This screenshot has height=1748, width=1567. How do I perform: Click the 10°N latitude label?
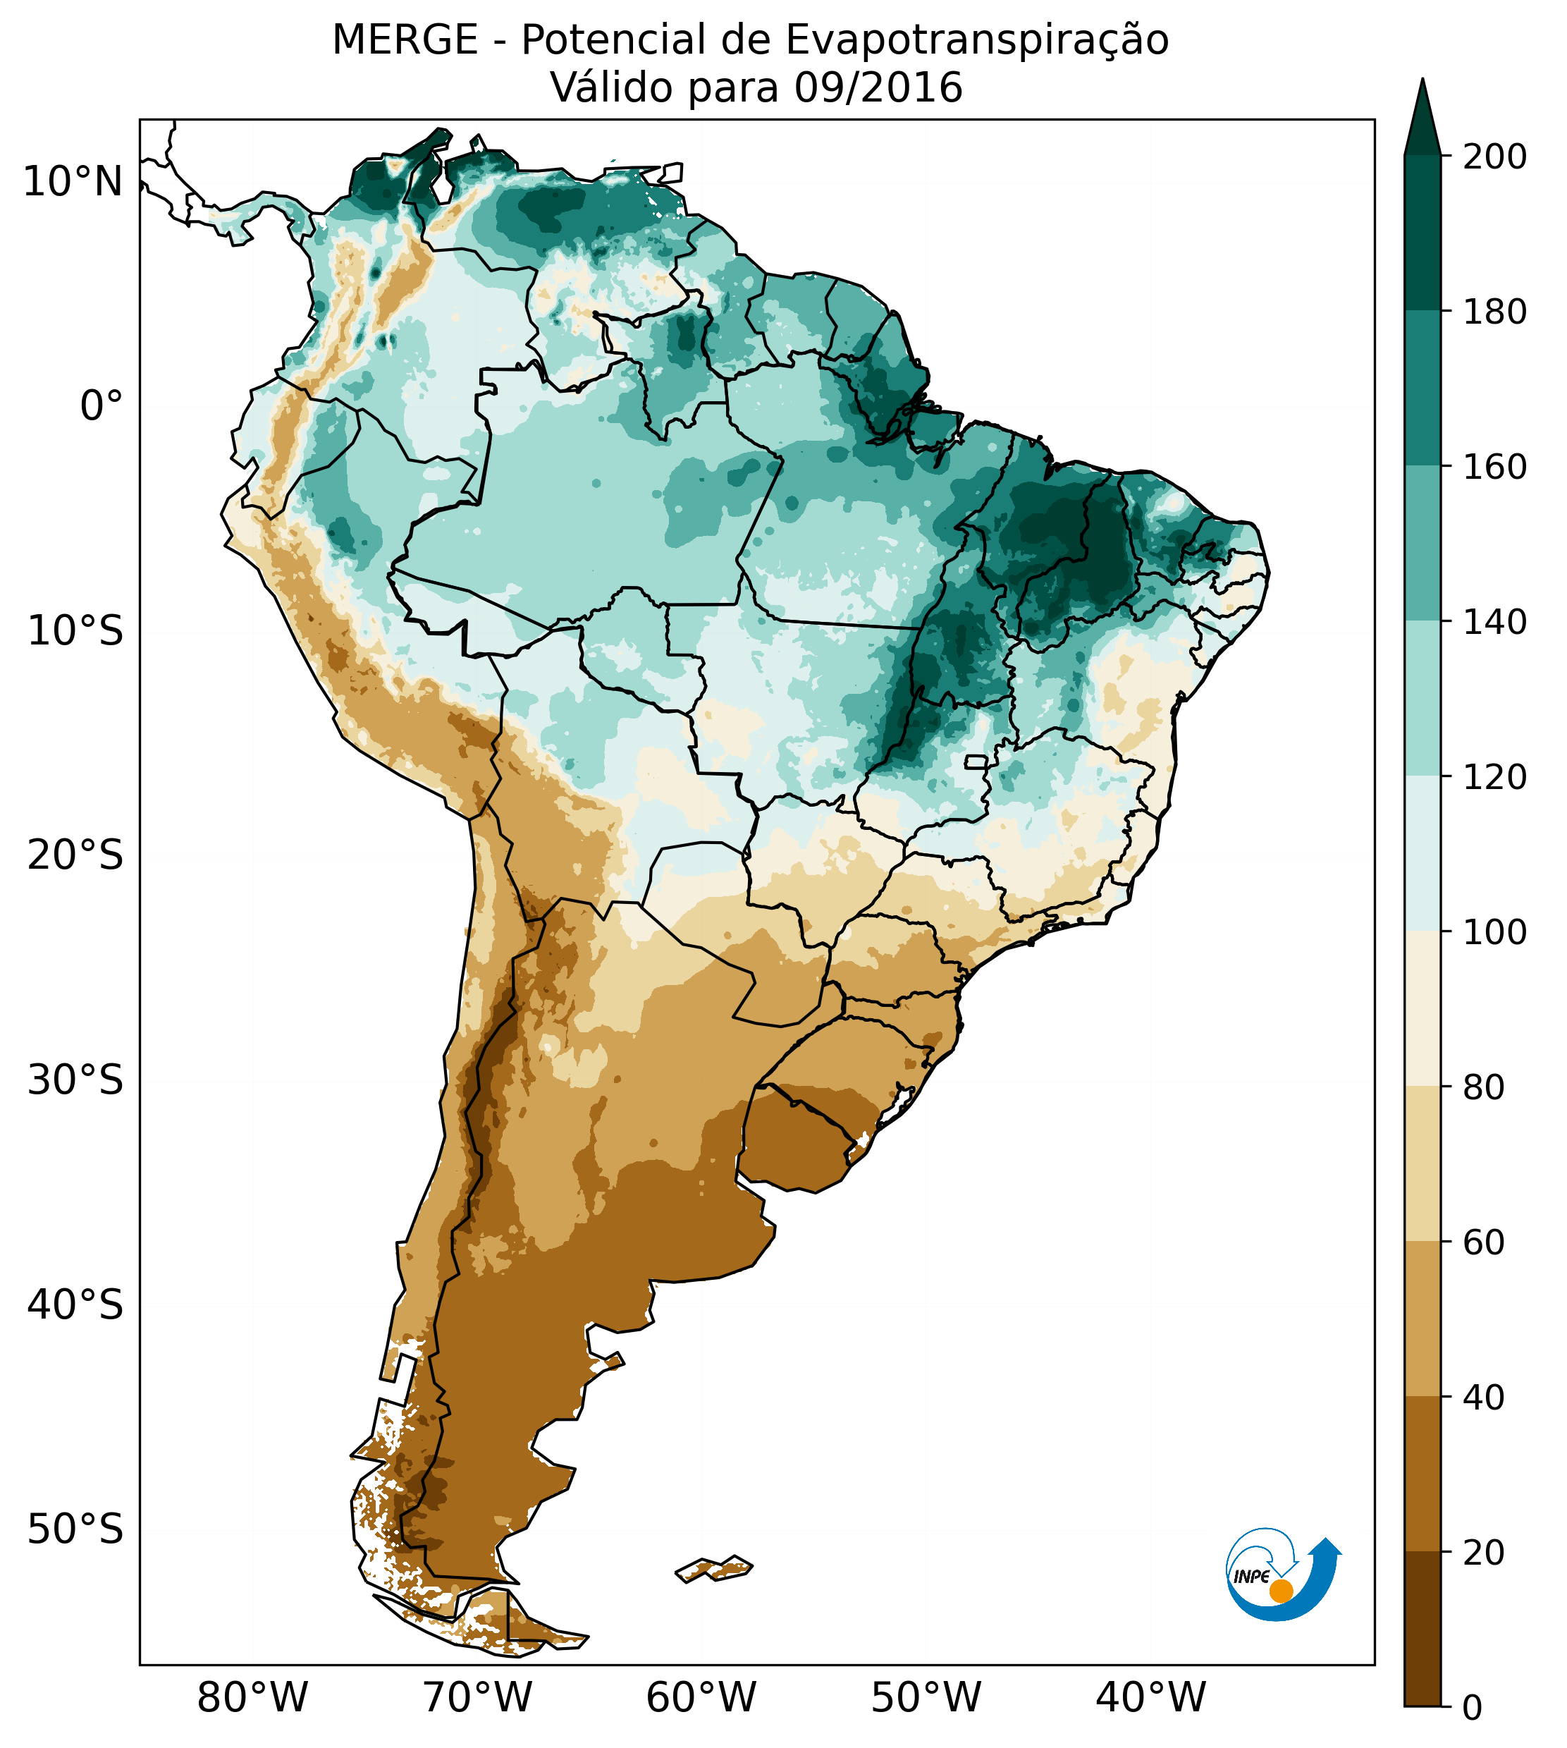tap(73, 183)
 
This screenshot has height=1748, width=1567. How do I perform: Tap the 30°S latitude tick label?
tap(75, 1081)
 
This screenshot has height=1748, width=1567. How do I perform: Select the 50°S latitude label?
tap(75, 1530)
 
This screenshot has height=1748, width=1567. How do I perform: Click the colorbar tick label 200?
tap(1494, 157)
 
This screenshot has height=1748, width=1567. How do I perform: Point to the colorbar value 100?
tap(1494, 933)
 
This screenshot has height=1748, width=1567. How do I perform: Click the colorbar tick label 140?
tap(1494, 623)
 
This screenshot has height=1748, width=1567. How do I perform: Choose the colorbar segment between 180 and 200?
tap(1422, 233)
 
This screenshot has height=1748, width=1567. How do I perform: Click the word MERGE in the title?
tap(405, 40)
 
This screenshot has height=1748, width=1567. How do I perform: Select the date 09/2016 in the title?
tap(878, 88)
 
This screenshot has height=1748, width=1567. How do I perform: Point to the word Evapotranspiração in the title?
tap(977, 40)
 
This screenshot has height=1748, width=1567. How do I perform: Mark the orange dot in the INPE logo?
tap(1281, 1591)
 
